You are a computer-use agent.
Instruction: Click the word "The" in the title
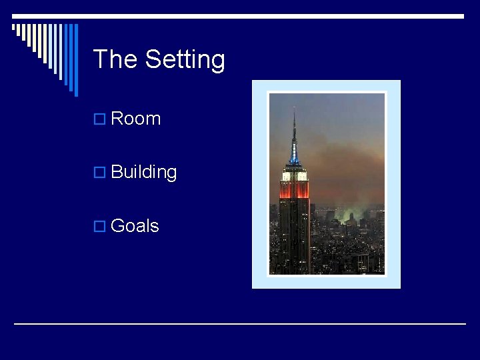(116, 59)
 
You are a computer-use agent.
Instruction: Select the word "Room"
(136, 119)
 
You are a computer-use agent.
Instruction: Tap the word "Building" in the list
(144, 172)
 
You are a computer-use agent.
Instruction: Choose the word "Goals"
(135, 226)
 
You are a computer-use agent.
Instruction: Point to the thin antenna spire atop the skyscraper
(294, 123)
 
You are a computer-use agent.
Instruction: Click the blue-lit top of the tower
(294, 157)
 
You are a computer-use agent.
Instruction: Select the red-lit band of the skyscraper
(294, 191)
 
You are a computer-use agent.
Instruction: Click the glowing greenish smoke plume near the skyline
(351, 215)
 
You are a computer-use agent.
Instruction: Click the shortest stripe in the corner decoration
(14, 29)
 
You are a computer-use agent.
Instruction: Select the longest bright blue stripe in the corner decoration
(75, 60)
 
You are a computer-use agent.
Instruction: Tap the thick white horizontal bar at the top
(240, 16)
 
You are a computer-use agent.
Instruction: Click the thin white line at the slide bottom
(240, 324)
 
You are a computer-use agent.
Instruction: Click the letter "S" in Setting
(154, 59)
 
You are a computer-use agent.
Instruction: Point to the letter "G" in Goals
(118, 226)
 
